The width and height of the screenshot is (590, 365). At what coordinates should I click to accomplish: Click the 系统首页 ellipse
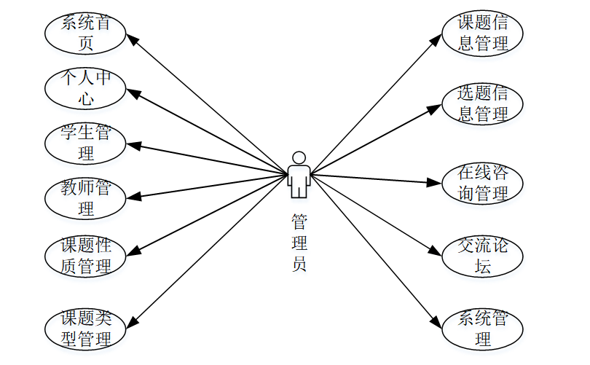tap(86, 33)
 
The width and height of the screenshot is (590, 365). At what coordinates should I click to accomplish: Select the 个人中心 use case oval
tap(86, 87)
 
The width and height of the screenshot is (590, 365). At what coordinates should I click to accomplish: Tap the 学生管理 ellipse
tap(86, 143)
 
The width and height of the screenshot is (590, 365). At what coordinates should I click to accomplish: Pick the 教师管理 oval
tap(86, 198)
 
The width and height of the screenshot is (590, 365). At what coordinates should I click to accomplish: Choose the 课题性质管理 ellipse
tap(86, 255)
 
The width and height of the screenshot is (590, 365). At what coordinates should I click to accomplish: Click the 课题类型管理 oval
tap(86, 329)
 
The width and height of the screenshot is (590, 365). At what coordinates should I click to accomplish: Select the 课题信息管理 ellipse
tap(483, 33)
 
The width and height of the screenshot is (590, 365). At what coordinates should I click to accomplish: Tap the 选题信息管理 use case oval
tap(483, 103)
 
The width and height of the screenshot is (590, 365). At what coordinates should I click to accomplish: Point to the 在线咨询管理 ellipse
tap(483, 183)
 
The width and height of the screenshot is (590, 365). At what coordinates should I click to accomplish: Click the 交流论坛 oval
tap(483, 256)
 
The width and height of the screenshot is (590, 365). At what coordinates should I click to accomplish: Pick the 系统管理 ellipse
tap(483, 329)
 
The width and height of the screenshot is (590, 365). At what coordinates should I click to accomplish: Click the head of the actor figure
tap(298, 157)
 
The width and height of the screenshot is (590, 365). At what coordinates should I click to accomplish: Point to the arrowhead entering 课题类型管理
tap(133, 322)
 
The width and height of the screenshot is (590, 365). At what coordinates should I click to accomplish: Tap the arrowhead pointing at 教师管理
tap(133, 196)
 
